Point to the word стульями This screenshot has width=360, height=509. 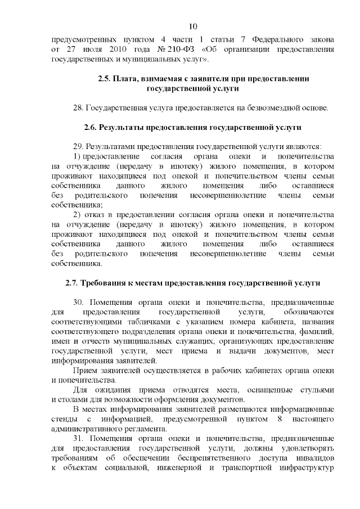318,390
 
